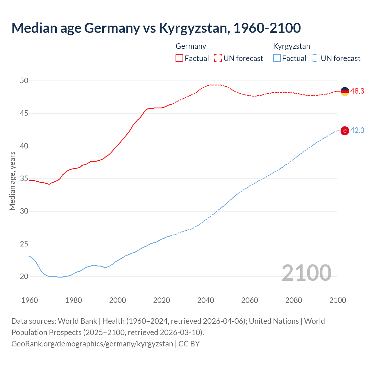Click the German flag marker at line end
coord(345,92)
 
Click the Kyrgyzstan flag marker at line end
coord(345,131)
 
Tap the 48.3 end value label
coord(357,91)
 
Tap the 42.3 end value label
coord(357,130)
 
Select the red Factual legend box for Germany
coord(179,58)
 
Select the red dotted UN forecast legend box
coord(218,58)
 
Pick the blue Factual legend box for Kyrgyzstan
coord(277,58)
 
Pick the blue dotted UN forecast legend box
coord(315,58)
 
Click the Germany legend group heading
coord(191,46)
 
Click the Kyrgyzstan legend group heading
coord(291,46)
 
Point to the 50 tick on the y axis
coord(24,81)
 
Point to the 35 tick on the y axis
coord(24,179)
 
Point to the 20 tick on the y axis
coord(24,277)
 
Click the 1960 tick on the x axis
coord(30,300)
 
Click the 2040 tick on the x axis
coord(206,300)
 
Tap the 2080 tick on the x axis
coord(294,300)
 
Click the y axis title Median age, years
coord(12,181)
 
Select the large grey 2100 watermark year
coord(306,273)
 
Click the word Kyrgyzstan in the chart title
coord(193,28)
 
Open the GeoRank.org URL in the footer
coord(92,344)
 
